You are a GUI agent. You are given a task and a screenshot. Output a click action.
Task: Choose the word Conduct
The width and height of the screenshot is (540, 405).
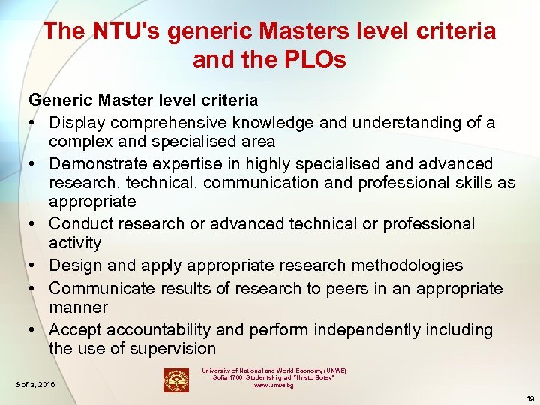pos(80,223)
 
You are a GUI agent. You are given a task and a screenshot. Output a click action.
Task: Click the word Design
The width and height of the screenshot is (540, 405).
pos(74,265)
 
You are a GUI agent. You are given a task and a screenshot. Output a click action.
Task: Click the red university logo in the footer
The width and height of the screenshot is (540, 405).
pos(176,380)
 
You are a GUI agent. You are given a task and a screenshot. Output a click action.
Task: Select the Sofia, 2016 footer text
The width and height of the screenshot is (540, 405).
pos(36,385)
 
